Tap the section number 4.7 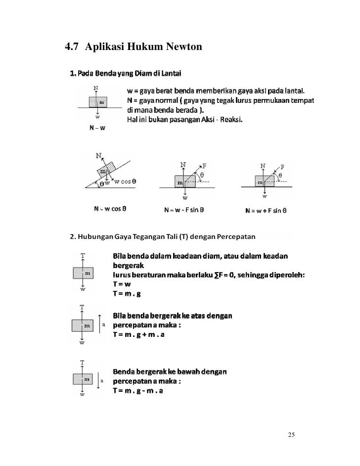73,48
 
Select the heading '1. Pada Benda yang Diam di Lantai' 125,74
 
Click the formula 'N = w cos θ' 110,209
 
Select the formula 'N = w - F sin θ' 184,210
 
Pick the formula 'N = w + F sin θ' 266,210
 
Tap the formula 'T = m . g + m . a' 139,335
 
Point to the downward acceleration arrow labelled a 100,380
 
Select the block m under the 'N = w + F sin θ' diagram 263,181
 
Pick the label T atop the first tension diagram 82,255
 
